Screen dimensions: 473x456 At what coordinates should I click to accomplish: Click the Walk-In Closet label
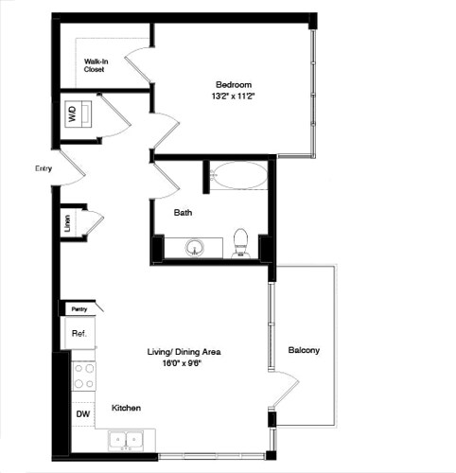pos(94,64)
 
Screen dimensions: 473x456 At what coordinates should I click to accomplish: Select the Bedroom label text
pos(233,82)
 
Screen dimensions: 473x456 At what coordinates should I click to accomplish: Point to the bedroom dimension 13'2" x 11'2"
pos(234,96)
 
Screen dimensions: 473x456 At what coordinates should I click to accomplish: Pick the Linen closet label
pos(67,225)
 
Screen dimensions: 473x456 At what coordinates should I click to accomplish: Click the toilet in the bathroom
pos(240,243)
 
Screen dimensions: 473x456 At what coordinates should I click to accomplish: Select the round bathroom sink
pos(196,248)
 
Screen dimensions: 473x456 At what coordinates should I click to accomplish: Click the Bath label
pos(184,213)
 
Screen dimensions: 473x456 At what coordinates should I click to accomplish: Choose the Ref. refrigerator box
pos(79,333)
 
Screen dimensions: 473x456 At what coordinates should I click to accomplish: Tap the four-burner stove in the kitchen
pos(83,376)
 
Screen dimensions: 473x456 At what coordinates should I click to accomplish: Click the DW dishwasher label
pos(82,413)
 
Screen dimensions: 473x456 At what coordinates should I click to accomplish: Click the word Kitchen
pos(127,408)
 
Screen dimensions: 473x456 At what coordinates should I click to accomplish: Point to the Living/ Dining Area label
pos(184,351)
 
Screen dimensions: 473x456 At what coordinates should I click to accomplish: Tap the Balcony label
pos(304,351)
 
